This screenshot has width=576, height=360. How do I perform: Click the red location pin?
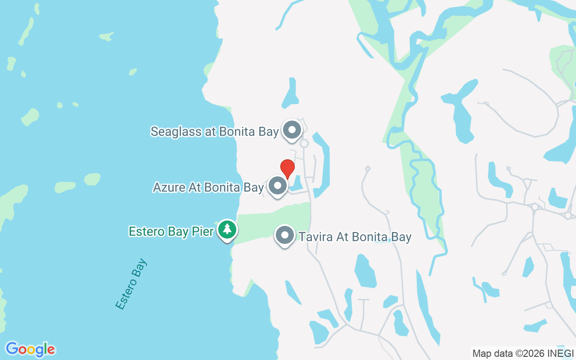[x=288, y=168]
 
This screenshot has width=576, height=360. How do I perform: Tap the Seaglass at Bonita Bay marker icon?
[x=292, y=130]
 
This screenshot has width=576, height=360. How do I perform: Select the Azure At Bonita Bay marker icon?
[x=278, y=186]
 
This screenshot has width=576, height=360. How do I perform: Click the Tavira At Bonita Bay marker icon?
[x=284, y=235]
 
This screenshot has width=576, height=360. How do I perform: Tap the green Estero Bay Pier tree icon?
[x=227, y=230]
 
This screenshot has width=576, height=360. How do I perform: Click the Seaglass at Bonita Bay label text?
[x=215, y=132]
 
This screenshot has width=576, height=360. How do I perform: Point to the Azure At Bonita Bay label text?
[x=208, y=188]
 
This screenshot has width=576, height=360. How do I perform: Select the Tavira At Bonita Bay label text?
[x=355, y=237]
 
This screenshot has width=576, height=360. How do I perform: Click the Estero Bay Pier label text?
[x=171, y=232]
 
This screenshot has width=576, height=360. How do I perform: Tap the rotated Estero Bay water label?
[x=131, y=284]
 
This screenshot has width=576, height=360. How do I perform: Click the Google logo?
[x=30, y=349]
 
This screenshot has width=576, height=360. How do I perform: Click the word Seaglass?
[x=172, y=132]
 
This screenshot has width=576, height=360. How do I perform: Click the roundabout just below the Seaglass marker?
[x=304, y=144]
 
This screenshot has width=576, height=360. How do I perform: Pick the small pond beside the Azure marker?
[x=297, y=184]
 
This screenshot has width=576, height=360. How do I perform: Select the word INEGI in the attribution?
[x=562, y=354]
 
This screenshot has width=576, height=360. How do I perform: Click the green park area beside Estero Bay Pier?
[x=274, y=216]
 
